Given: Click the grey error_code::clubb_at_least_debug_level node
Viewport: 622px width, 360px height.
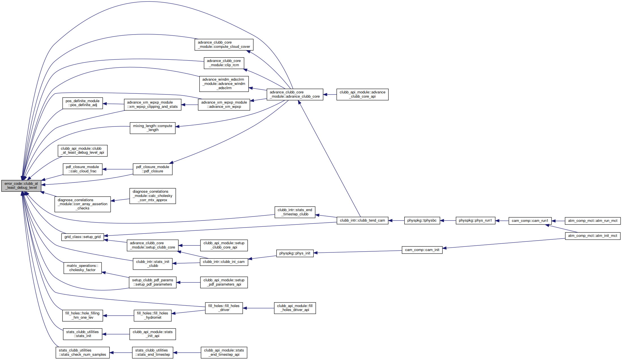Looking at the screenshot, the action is [21, 186].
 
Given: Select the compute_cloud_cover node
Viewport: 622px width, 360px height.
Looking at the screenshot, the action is [224, 45].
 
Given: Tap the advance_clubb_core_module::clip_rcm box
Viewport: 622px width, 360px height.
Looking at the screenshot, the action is [224, 63].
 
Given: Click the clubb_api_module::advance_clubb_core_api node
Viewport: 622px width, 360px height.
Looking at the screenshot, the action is [362, 95].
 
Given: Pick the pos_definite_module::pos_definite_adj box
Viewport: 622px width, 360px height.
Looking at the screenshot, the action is [83, 103].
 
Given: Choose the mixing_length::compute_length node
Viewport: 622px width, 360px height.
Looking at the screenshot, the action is [153, 128].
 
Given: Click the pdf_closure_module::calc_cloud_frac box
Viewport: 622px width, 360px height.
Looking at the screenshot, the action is [82, 169].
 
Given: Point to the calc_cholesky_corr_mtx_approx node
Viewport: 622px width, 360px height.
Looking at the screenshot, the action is [153, 196].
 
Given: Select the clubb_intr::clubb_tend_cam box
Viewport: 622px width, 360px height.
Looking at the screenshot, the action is [362, 220].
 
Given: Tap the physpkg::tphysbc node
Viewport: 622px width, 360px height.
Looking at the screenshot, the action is [422, 220].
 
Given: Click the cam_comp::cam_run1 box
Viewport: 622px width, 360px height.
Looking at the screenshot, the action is [530, 221].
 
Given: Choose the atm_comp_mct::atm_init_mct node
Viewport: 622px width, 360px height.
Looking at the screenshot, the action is [593, 236].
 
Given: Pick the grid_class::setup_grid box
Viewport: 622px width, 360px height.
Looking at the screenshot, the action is [83, 237].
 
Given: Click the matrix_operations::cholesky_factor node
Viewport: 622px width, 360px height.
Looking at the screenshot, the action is [83, 268].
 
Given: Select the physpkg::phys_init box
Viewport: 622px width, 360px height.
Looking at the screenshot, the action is [295, 253].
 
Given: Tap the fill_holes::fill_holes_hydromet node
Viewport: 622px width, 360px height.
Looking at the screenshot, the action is [153, 316].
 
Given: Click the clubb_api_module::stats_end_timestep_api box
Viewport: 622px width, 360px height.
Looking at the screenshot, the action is [224, 353].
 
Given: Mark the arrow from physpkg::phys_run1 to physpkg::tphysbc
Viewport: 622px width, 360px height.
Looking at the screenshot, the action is [448, 220].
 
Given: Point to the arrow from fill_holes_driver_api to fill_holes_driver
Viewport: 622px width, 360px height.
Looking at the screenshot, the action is [258, 308].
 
